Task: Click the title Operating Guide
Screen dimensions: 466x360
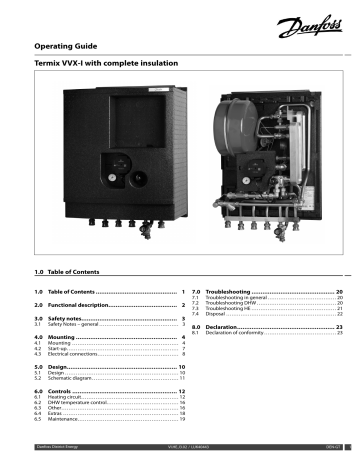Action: point(71,45)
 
